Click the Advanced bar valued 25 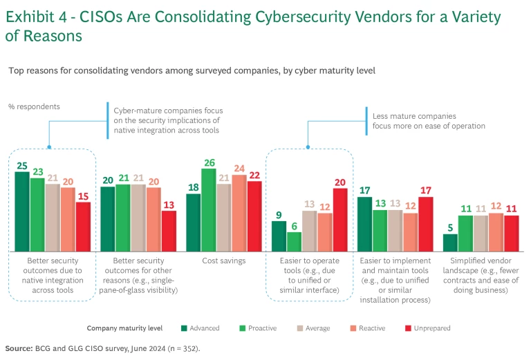click(x=22, y=211)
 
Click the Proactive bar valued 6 click(x=295, y=242)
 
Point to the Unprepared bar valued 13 click(x=169, y=231)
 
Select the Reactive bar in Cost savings click(x=239, y=213)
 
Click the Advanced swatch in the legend click(x=184, y=328)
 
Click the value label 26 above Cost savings click(x=209, y=162)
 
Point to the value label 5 click(x=450, y=227)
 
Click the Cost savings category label click(x=224, y=260)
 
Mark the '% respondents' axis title click(x=34, y=106)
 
